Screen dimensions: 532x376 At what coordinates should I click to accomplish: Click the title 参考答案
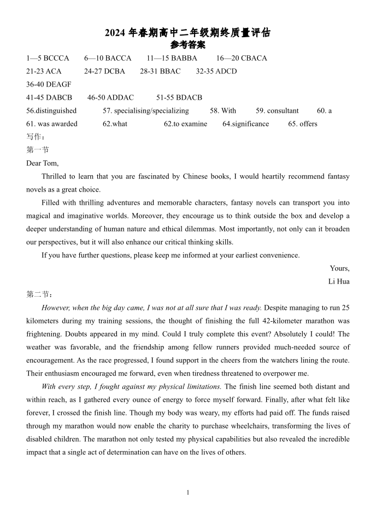point(187,45)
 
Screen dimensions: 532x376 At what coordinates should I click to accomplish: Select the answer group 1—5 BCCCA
point(48,58)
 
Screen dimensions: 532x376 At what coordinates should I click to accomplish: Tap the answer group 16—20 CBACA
point(242,58)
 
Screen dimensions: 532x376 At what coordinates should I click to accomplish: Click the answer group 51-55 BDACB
point(179,97)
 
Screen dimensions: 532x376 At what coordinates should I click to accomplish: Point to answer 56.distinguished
point(51,111)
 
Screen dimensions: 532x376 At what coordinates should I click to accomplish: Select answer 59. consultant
point(277,111)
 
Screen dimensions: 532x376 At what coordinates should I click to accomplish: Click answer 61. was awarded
point(52,124)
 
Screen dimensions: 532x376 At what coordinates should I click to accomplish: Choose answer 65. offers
point(303,124)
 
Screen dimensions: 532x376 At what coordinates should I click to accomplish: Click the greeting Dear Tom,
point(42,163)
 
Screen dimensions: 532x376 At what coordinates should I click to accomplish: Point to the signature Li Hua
point(339,281)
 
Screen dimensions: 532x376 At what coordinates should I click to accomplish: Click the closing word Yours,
point(339,268)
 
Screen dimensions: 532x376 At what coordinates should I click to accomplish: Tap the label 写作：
point(36,137)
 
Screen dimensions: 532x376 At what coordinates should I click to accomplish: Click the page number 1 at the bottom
point(188,493)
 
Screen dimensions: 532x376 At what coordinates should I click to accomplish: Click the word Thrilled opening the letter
point(55,176)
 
